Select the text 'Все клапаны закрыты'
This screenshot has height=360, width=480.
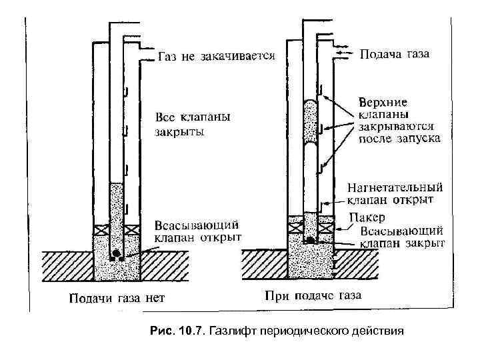(193, 124)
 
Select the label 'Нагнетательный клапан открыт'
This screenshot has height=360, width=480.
(395, 193)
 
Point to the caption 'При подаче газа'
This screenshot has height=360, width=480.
(313, 294)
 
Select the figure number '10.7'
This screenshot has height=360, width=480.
(193, 331)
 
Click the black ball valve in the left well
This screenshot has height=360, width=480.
(116, 253)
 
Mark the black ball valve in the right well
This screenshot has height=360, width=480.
(311, 239)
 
